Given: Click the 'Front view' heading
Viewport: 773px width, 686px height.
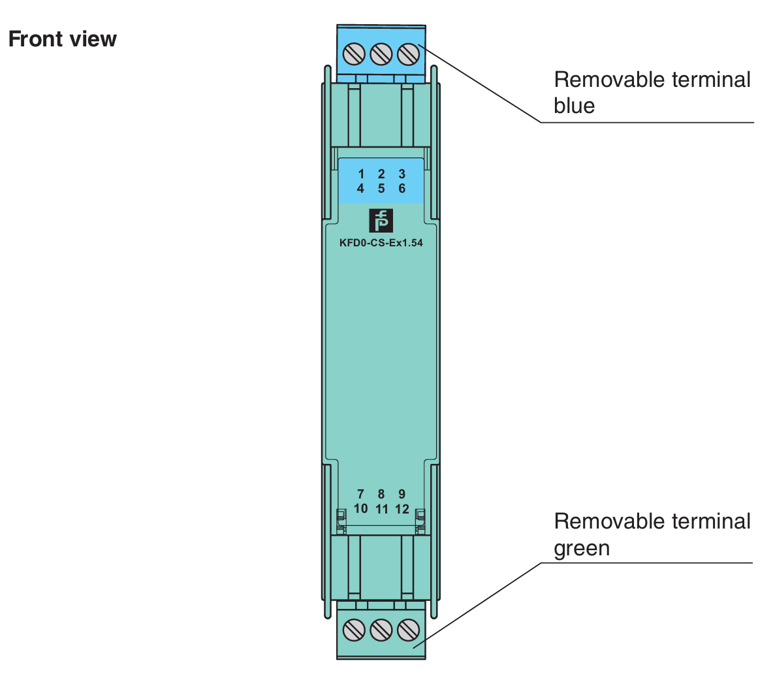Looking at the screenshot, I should point(62,39).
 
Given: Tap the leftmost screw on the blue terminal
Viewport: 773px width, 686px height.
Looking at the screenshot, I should point(354,53).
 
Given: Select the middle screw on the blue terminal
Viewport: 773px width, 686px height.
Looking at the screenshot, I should point(381,53).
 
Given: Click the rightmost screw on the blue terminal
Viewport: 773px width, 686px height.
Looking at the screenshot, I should point(408,53).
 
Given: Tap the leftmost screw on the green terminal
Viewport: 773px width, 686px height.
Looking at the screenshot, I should point(354,630).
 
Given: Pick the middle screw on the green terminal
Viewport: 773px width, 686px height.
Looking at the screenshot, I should point(381,630).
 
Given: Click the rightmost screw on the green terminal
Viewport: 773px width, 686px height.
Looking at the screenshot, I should point(408,630).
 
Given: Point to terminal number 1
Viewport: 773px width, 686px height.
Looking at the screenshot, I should point(361,174).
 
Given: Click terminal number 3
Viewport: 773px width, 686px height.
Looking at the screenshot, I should point(402,174).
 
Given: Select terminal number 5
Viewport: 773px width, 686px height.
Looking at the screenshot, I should point(381,188).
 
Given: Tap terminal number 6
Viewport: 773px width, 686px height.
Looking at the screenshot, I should point(402,188).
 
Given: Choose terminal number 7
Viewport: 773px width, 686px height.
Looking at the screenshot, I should point(360,494).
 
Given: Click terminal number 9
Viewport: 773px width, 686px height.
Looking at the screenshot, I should point(402,494).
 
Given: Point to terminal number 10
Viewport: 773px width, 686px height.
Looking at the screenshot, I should point(360,508).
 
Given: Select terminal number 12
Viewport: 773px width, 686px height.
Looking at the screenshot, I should point(402,508).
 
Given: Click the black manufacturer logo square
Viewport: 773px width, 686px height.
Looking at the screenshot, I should point(381,221).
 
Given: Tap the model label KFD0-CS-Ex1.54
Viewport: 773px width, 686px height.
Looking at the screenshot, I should point(381,242).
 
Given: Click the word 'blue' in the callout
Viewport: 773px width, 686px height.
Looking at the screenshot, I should point(574,106).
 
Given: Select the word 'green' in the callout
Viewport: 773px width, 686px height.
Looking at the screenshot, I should point(582,548).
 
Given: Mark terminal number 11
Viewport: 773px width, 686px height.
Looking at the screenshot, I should point(382,508).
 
